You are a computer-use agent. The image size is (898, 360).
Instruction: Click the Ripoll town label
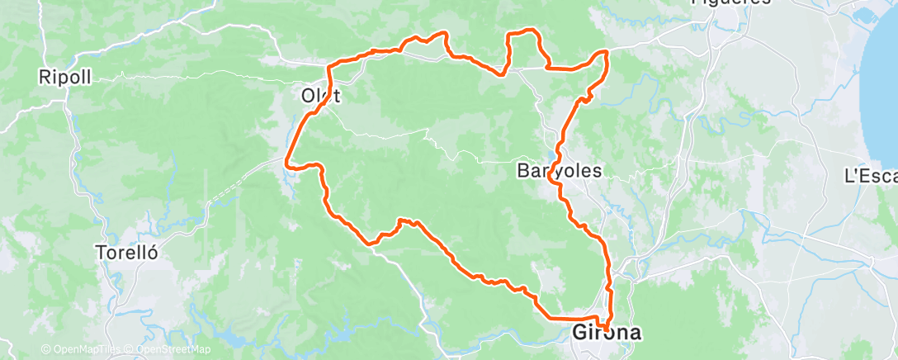click(x=64, y=78)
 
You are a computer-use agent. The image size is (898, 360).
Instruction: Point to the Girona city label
click(x=607, y=333)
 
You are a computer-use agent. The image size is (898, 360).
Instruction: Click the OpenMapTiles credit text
click(x=75, y=350)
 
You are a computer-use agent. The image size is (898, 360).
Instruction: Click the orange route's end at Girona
click(x=607, y=329)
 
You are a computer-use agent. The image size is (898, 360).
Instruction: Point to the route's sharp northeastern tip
click(x=607, y=52)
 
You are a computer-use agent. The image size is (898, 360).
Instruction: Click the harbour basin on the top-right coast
click(x=872, y=16)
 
